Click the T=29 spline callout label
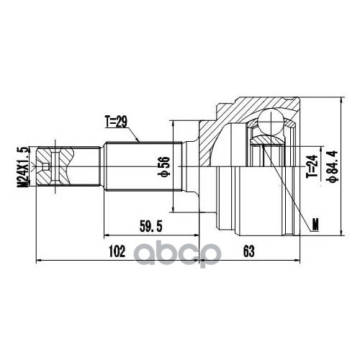(x=116, y=122)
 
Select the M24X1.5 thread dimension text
(x=22, y=167)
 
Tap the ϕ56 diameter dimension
(x=164, y=166)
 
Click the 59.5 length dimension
(x=151, y=226)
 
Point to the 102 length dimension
(x=117, y=251)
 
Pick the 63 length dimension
(x=249, y=251)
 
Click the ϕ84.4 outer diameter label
(x=333, y=166)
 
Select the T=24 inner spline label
(x=312, y=166)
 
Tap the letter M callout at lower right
(x=315, y=225)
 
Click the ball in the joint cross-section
(x=271, y=122)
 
